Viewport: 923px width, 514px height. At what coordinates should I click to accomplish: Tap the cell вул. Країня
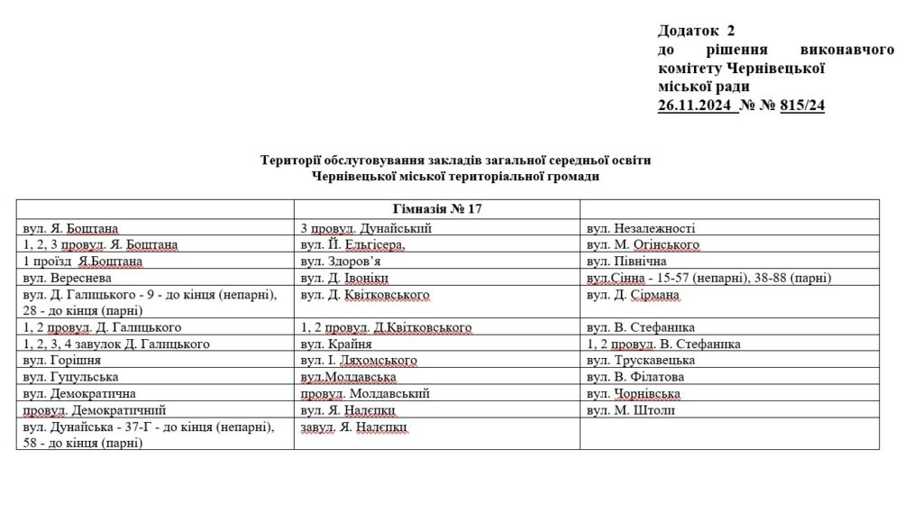coord(331,344)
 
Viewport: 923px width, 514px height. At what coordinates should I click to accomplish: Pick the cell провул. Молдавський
coord(364,393)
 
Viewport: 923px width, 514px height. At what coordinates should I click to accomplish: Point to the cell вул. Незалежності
coord(640,228)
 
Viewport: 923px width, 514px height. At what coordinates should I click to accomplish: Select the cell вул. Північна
coord(626,261)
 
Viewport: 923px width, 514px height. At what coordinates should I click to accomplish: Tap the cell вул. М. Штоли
coord(630,410)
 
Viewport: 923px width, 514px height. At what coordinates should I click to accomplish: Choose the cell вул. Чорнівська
coord(633,393)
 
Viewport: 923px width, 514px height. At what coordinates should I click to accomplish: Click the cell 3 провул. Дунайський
coord(366,228)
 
